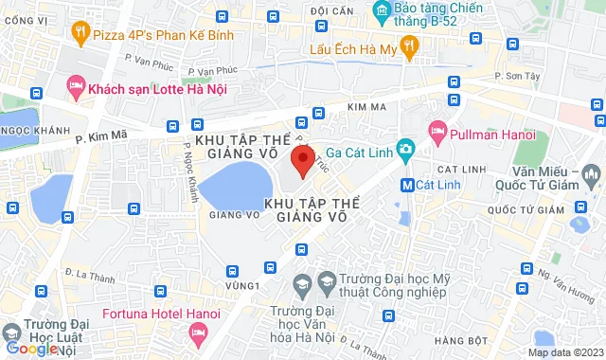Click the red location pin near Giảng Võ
[x=301, y=159]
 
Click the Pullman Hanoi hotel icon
[x=437, y=129]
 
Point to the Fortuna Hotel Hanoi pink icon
[x=198, y=331]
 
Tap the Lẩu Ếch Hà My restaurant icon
[x=409, y=45]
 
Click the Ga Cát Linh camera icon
[x=405, y=148]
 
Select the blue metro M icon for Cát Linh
[x=406, y=185]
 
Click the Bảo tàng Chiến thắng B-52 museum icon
[x=383, y=13]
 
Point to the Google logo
[x=30, y=349]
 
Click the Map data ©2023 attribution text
[x=564, y=352]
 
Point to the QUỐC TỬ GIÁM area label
[x=518, y=209]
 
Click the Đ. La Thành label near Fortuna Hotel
[x=84, y=275]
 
